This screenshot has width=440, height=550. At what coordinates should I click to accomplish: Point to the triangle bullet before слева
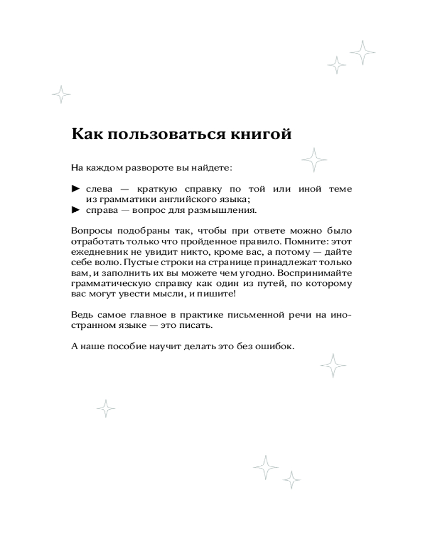[x=76, y=189]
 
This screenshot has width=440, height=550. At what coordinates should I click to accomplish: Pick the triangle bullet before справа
[x=76, y=210]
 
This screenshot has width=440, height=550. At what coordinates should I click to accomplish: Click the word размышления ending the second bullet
[x=224, y=210]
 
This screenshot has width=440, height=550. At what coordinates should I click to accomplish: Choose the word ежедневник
[x=98, y=252]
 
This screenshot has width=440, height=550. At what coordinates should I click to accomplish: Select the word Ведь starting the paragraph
[x=82, y=315]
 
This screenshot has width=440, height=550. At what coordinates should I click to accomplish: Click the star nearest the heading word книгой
[x=315, y=160]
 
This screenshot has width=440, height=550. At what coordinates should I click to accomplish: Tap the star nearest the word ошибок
[x=333, y=366]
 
